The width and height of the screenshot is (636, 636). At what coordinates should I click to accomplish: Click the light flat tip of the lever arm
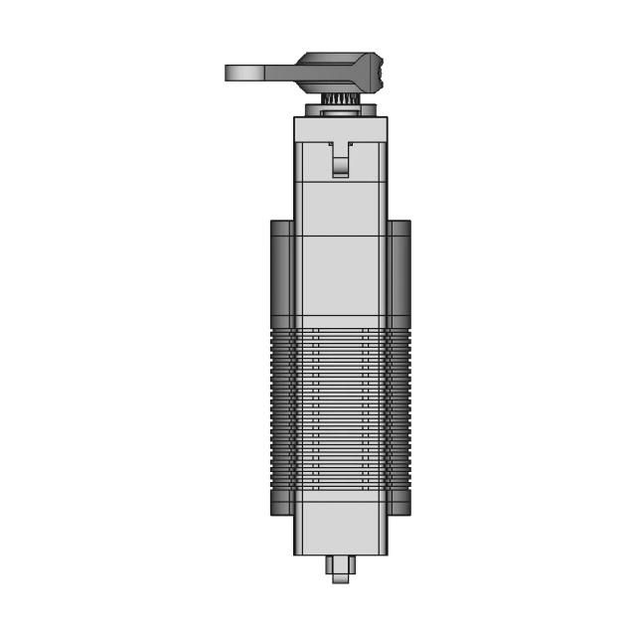click(243, 73)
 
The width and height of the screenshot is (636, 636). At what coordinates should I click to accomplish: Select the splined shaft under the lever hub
click(340, 98)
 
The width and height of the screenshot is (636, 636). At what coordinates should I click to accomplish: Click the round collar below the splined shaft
click(340, 110)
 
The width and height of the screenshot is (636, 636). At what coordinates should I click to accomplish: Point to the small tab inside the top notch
click(341, 165)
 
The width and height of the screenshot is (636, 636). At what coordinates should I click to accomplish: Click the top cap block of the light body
click(340, 128)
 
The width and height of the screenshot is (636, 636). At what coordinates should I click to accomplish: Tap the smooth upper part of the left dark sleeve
click(281, 273)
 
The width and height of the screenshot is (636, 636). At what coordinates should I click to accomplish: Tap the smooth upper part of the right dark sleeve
click(399, 273)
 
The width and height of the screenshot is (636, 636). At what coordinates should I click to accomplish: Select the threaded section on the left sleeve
click(281, 407)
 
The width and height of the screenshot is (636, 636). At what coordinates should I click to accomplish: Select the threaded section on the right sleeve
click(399, 407)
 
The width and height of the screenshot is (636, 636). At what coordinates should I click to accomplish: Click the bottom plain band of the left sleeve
click(281, 505)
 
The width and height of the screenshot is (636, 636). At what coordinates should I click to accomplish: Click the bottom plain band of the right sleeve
click(399, 505)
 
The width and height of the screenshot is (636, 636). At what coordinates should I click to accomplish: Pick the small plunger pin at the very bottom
click(340, 568)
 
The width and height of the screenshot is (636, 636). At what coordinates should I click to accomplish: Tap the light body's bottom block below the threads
click(340, 527)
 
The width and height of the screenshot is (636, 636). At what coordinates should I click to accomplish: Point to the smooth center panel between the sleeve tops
click(340, 278)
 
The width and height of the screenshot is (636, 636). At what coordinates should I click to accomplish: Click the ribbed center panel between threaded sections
click(340, 407)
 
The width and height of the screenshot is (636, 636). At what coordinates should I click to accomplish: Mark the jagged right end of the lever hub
click(379, 73)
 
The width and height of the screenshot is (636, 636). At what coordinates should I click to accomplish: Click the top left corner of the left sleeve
click(272, 223)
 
